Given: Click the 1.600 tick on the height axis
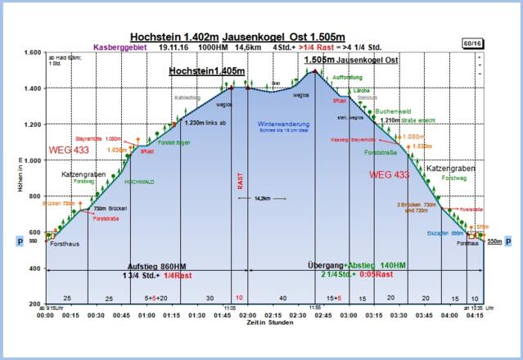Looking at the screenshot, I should (x=30, y=52).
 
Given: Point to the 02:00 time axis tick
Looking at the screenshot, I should (x=249, y=314).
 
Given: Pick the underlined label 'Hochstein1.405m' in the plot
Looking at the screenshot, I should (x=206, y=72).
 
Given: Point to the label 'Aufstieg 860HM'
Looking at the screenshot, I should (x=168, y=267).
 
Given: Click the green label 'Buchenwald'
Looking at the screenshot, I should (x=396, y=111).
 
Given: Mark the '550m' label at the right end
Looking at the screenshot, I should (x=494, y=242).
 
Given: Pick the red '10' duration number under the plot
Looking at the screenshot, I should (x=238, y=297).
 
